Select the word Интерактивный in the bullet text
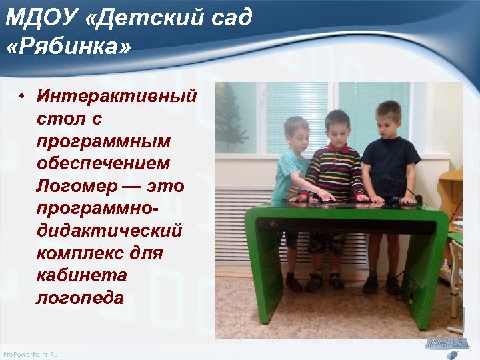117,95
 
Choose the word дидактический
109,231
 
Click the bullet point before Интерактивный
22,95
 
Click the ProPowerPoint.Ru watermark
31,354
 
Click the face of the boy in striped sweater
338,128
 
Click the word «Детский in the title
127,18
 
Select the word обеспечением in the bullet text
103,163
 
